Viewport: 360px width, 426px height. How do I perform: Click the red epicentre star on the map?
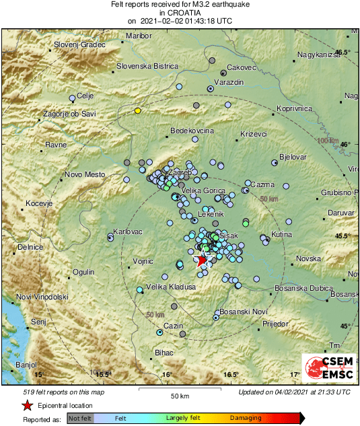click(201, 261)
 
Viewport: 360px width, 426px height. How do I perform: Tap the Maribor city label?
click(139, 35)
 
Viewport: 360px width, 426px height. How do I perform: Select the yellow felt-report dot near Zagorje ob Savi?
click(137, 110)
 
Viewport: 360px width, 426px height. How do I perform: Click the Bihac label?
click(164, 352)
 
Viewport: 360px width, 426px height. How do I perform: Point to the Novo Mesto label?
click(85, 175)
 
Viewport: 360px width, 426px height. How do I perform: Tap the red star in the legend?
click(26, 406)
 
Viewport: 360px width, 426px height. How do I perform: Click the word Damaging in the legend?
click(246, 418)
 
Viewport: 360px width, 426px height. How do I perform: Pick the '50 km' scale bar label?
click(178, 395)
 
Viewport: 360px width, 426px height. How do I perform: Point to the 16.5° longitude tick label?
click(231, 374)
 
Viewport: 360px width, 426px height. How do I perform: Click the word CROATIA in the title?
click(180, 12)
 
